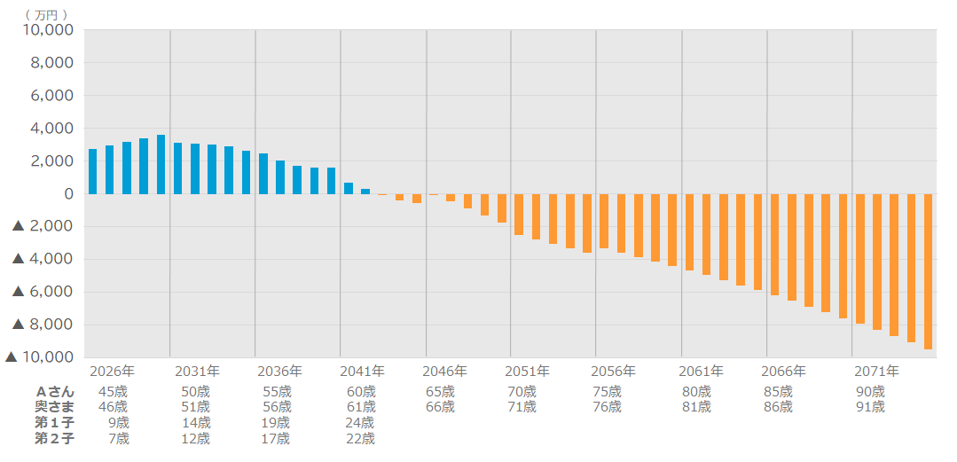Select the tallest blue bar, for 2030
[x=161, y=165]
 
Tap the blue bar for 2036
[x=263, y=174]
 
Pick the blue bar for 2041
[x=349, y=188]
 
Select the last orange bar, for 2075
[x=928, y=271]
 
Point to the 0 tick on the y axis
[x=68, y=194]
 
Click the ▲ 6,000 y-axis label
[x=43, y=292]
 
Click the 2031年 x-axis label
[x=197, y=371]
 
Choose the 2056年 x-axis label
[x=613, y=371]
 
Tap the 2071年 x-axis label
[x=876, y=371]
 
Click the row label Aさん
[x=55, y=391]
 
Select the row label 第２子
[x=55, y=438]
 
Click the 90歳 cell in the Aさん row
[x=870, y=391]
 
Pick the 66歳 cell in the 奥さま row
[x=440, y=407]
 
